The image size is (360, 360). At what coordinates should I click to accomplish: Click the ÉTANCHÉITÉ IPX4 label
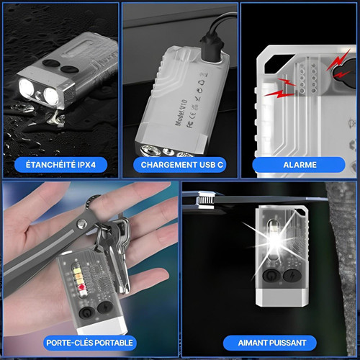point(60,165)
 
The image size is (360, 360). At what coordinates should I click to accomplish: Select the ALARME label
point(300,165)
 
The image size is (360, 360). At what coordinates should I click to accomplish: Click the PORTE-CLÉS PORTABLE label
point(89,343)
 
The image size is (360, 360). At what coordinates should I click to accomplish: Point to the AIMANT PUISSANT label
point(272,343)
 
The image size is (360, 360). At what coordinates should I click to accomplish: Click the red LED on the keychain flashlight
point(81,287)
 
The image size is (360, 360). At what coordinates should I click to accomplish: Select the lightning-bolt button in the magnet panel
point(292,275)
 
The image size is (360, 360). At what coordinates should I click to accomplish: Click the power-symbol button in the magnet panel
point(271,275)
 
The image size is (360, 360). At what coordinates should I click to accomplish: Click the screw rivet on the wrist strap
point(82,224)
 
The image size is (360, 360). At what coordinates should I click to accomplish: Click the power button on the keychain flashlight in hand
point(86,313)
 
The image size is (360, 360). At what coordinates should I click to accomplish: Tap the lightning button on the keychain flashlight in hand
point(105,307)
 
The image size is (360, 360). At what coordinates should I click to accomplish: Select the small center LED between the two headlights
point(38,95)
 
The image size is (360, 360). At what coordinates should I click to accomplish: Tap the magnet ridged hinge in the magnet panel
point(204,200)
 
